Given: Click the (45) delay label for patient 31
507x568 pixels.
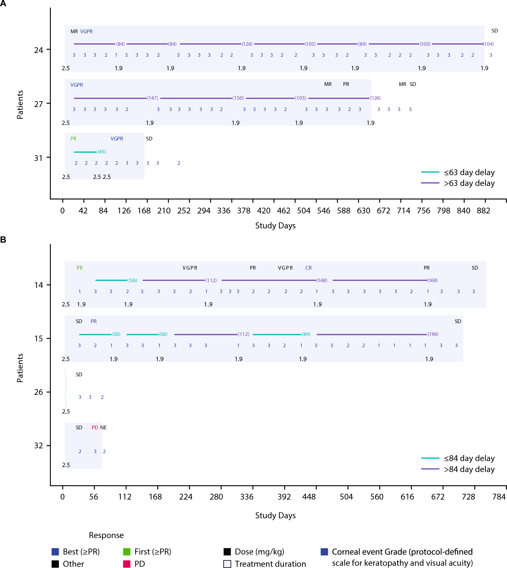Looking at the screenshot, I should coord(101,152).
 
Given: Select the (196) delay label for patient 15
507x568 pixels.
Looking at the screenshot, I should coord(433,334).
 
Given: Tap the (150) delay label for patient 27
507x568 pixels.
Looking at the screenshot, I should coord(238,98).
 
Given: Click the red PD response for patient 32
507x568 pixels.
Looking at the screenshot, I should coord(95,427).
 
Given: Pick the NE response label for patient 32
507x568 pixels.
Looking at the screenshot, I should coord(103,427).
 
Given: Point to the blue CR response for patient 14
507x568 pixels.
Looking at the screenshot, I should coord(308,268).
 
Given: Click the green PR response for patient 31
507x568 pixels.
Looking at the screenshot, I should coord(73,139).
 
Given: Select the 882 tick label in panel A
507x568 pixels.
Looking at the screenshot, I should coord(483,211).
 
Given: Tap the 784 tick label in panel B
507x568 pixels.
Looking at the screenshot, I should coord(499,497).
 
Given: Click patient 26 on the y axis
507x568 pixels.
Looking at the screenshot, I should coord(38,392).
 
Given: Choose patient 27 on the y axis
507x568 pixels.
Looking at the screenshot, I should coord(38,104).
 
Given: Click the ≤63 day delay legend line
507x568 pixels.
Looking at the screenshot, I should coord(430,172).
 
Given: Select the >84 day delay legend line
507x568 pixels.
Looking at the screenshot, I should coord(430,469).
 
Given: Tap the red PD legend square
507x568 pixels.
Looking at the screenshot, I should coord(127,564).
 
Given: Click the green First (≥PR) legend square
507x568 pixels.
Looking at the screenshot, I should coord(127,552).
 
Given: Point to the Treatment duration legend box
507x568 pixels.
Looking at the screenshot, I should coord(227,564).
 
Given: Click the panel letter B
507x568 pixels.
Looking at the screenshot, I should coord(3,240).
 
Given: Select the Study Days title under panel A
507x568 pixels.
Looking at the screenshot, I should coord(275,225).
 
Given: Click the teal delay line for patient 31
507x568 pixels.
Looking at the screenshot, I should coord(85,152).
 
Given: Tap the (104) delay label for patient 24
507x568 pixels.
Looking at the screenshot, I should coord(489,44).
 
